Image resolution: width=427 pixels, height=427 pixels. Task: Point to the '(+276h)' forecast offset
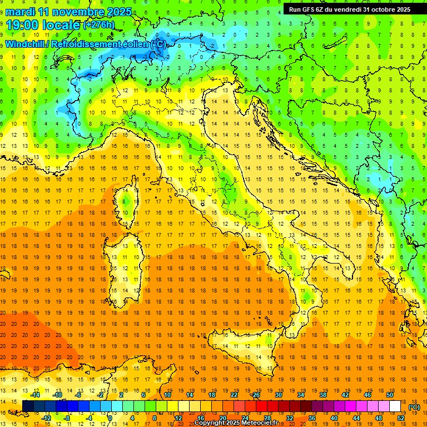tap(98, 25)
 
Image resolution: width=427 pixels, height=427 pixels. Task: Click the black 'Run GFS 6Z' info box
tap(349, 9)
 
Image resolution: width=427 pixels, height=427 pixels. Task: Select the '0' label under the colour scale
tap(111, 418)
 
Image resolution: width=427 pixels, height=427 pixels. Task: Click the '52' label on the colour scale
tap(400, 418)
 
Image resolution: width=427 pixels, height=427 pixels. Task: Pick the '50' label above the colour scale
tap(389, 395)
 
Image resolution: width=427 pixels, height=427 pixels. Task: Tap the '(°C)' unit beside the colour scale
tap(414, 406)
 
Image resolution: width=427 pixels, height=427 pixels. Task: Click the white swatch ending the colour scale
tap(395, 406)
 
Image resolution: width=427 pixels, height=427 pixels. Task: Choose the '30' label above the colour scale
tap(278, 395)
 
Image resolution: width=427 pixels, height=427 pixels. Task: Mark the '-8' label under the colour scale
tap(67, 418)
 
